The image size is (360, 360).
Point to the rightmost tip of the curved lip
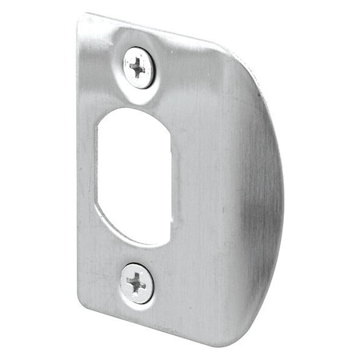(282, 192)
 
